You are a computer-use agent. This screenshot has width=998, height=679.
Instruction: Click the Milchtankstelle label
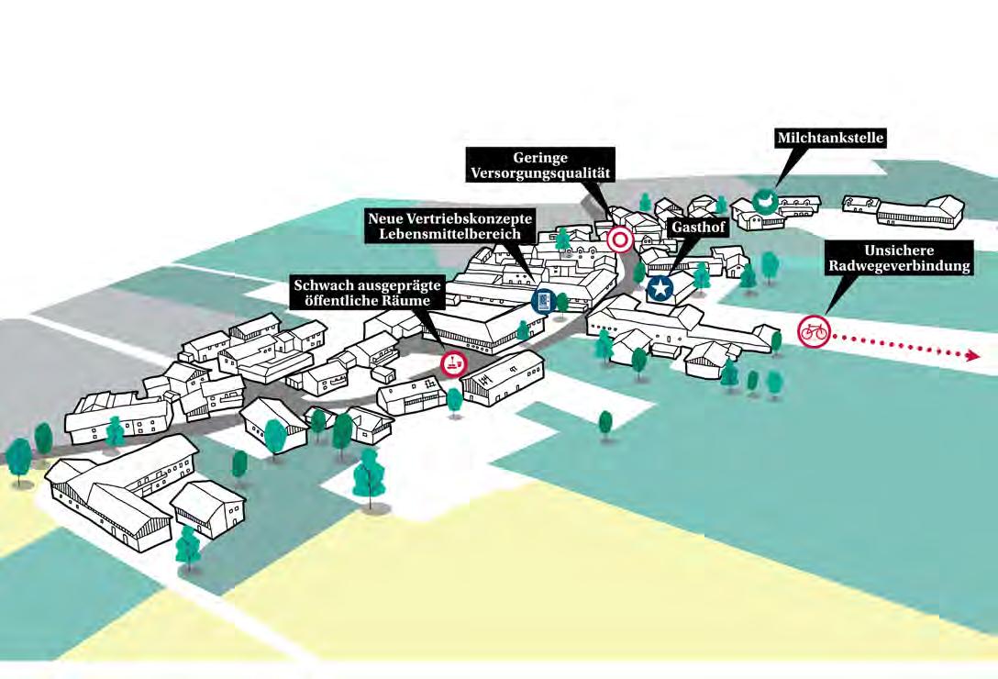[831, 139]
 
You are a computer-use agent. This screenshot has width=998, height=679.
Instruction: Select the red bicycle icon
[813, 330]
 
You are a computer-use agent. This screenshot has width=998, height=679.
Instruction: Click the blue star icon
[660, 287]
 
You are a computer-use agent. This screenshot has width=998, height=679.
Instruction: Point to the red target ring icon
[620, 240]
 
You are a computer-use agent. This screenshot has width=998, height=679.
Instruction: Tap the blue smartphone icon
[543, 301]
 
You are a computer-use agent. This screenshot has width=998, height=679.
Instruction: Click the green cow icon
[763, 199]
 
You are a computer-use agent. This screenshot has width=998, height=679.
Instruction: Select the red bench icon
[453, 364]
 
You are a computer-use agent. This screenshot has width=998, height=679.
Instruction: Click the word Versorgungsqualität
[539, 172]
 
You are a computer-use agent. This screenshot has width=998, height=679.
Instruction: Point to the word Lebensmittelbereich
[451, 235]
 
